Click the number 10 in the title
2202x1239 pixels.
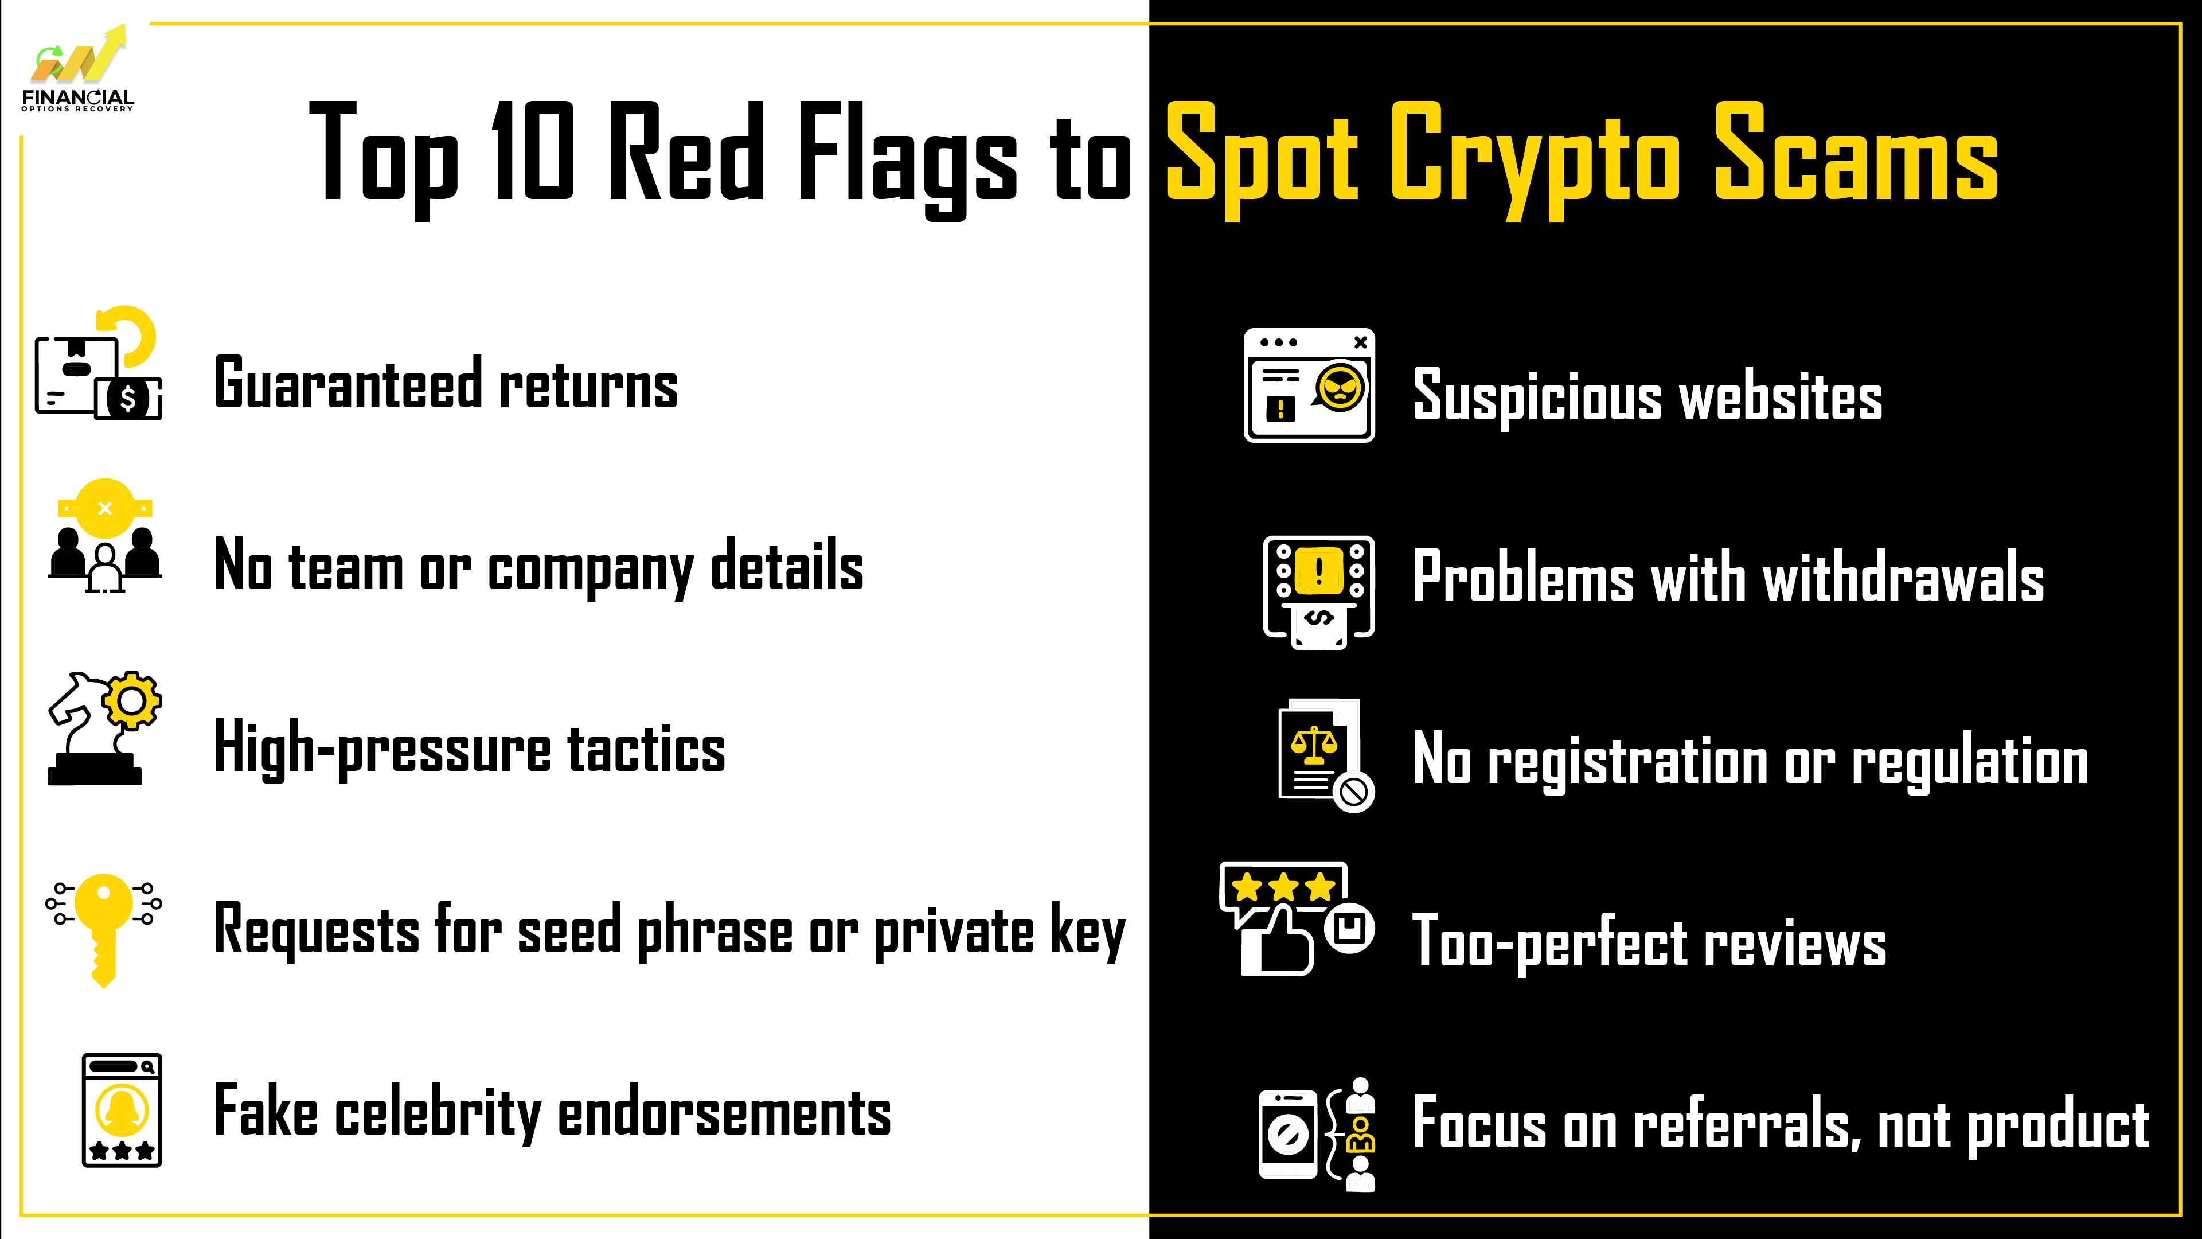click(x=532, y=151)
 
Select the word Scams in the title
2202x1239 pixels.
click(x=1856, y=151)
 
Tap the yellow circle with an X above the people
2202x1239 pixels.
click(x=104, y=508)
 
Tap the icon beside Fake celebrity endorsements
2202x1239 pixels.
click(x=122, y=1110)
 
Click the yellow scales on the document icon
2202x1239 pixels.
click(x=1314, y=745)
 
